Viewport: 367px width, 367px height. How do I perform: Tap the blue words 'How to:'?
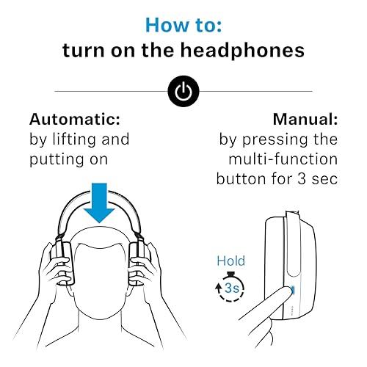point(183,24)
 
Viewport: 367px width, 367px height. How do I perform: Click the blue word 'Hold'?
point(230,261)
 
